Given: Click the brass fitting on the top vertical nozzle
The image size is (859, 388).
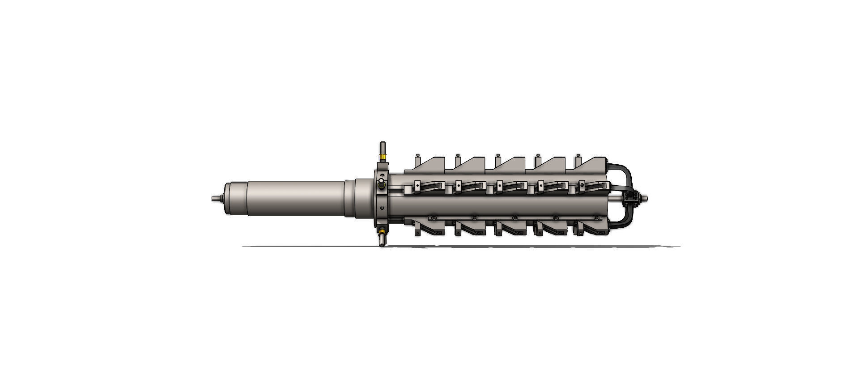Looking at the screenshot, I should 383,157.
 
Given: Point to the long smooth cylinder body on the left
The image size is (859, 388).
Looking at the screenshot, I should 295,199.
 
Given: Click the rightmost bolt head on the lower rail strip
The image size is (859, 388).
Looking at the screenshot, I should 597,218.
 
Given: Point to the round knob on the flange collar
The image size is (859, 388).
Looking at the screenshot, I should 381,182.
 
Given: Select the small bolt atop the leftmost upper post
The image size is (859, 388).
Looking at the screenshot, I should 417,155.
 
